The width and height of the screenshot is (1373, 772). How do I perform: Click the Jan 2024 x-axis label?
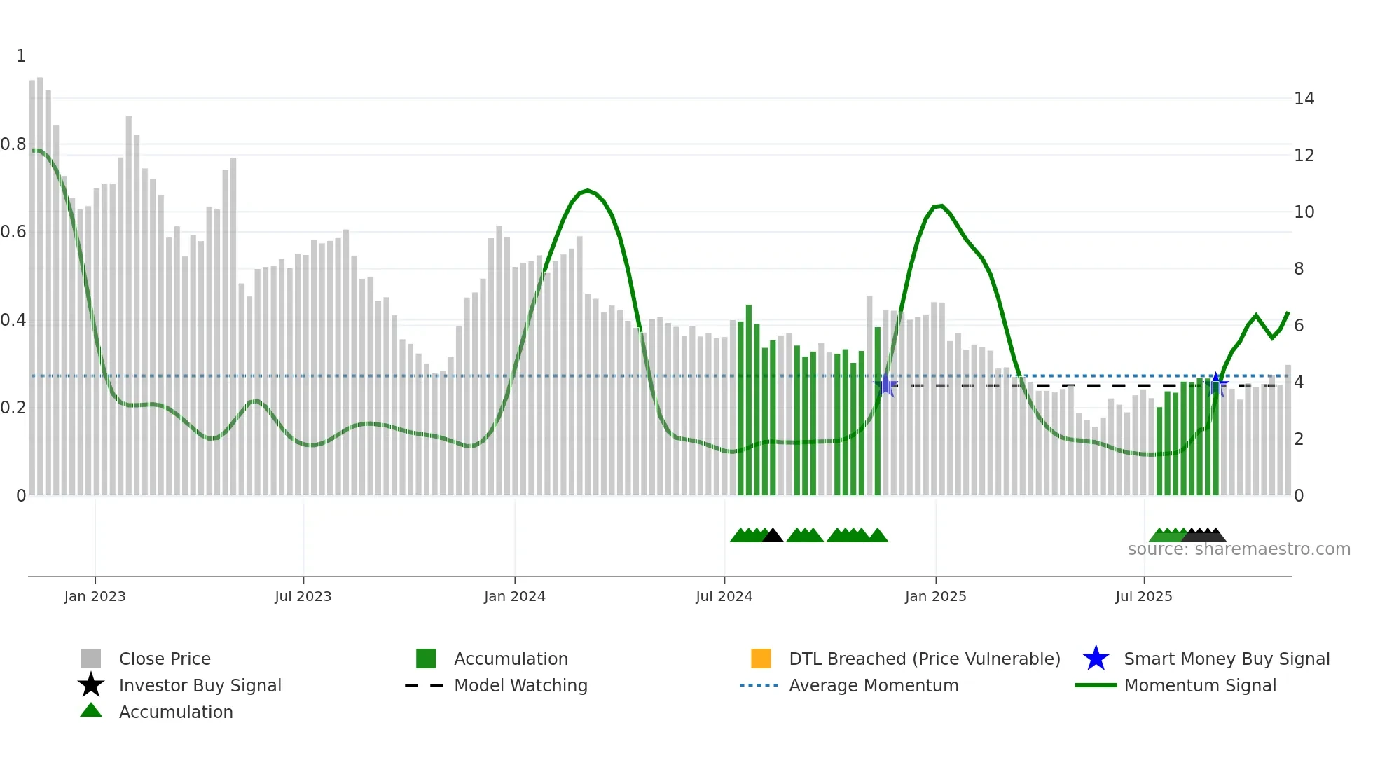point(514,596)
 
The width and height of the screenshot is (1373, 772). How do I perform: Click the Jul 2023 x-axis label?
point(303,596)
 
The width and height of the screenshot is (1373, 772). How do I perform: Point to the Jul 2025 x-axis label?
point(1143,596)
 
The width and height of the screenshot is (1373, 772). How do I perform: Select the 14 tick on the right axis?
point(1304,99)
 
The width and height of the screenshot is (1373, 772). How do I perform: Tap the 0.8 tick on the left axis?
point(13,144)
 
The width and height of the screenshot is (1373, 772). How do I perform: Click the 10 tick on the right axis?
point(1304,212)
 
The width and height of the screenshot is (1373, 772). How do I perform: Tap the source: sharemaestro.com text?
point(1239,549)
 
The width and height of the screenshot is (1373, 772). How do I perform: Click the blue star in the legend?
point(1096,659)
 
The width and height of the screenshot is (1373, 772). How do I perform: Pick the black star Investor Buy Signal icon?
point(91,685)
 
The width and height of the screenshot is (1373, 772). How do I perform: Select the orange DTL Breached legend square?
point(761,659)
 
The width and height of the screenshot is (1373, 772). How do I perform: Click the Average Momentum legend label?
point(874,685)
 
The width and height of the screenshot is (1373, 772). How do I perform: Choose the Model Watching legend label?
point(520,685)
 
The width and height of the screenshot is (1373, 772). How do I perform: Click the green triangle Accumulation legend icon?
point(91,710)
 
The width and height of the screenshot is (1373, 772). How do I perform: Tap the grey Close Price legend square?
point(91,659)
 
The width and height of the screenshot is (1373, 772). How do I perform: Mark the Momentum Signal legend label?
point(1200,685)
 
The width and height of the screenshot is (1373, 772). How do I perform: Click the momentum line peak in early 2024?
point(587,190)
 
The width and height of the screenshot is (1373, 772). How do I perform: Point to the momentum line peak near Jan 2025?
point(940,205)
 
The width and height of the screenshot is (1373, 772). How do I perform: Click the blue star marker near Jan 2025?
point(886,385)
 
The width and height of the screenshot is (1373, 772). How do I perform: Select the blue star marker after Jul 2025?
point(1217,384)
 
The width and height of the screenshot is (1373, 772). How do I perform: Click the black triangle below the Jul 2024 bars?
point(772,536)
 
